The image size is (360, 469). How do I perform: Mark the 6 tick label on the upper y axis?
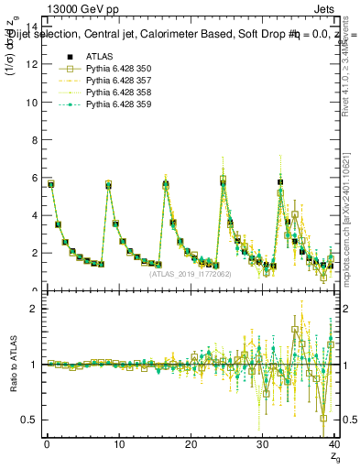(34, 178)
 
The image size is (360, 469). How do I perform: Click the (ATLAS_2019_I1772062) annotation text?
(190, 274)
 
